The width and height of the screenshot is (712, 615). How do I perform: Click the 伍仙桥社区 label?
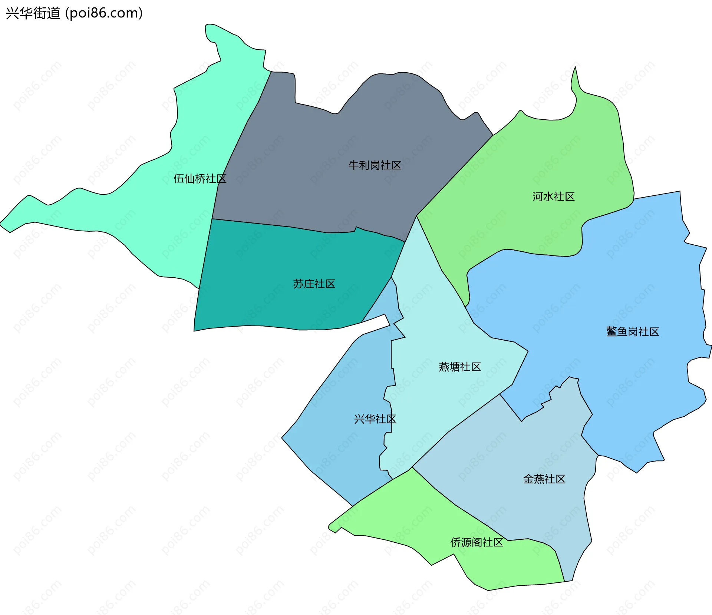[200, 179]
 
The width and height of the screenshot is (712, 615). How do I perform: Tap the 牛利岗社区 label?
[375, 165]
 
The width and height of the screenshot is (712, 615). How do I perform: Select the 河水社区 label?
[553, 196]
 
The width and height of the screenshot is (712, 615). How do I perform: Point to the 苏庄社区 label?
[314, 284]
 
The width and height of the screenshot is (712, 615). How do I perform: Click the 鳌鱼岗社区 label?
[632, 332]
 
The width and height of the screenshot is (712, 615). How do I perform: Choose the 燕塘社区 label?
[459, 367]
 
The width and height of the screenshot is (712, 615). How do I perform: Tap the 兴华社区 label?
[375, 419]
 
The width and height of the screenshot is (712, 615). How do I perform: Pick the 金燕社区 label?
[544, 479]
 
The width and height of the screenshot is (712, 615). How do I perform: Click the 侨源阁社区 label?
[477, 543]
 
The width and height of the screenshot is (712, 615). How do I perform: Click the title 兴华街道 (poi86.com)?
[74, 13]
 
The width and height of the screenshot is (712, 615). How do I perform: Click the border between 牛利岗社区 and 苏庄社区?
[289, 227]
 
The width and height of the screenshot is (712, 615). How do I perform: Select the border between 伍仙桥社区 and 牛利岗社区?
[241, 130]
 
